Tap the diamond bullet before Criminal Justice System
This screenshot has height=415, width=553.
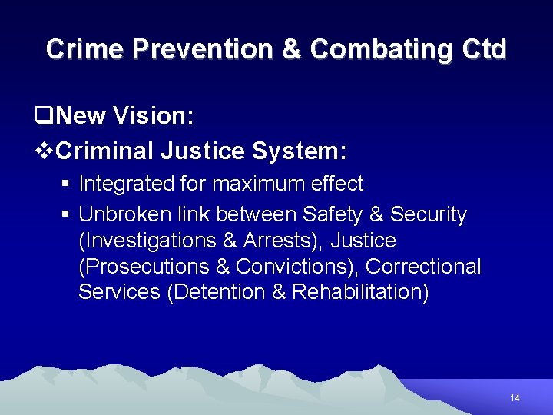(44, 151)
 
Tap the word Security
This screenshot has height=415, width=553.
(428, 214)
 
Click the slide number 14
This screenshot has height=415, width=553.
(515, 398)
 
